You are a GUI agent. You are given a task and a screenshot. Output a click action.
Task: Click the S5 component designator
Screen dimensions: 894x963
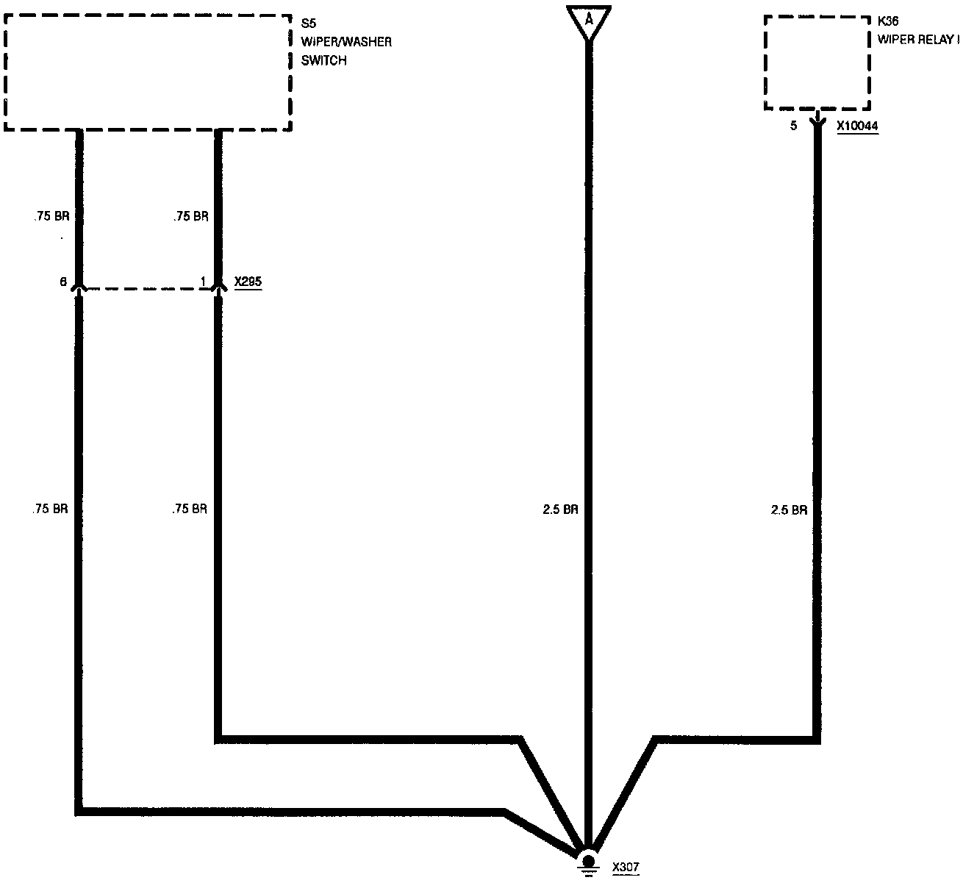tap(309, 23)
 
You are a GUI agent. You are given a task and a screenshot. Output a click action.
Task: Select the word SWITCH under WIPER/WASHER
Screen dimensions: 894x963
tap(323, 61)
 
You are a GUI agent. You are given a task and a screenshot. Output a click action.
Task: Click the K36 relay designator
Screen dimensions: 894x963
tap(888, 21)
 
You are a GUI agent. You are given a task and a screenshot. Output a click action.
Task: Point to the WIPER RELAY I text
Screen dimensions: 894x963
tap(918, 40)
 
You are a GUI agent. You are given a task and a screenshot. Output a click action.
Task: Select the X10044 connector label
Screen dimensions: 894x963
tap(857, 126)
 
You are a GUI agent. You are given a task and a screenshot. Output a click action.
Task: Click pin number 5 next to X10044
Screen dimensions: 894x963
tap(793, 126)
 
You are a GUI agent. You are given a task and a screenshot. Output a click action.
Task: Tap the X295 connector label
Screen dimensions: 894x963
tap(248, 282)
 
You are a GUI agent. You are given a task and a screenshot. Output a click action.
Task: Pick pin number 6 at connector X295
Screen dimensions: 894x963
tap(63, 282)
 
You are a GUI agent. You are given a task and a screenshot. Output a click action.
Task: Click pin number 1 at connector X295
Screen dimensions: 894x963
tap(203, 282)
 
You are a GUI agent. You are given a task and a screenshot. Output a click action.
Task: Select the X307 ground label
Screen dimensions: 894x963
tap(626, 868)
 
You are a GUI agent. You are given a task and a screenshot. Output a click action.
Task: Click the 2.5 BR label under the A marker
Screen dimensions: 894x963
tap(560, 509)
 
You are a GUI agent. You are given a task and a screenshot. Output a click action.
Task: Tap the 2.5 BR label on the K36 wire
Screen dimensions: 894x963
tap(789, 509)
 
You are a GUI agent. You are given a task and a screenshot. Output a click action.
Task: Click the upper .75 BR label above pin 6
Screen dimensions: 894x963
tap(51, 217)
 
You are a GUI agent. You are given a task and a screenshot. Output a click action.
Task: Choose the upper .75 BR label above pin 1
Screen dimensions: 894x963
tap(191, 217)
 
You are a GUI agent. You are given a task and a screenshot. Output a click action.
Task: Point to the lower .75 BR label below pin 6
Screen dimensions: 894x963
tap(51, 509)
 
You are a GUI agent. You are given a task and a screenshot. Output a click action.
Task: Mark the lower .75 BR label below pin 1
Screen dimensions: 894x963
tap(190, 509)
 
